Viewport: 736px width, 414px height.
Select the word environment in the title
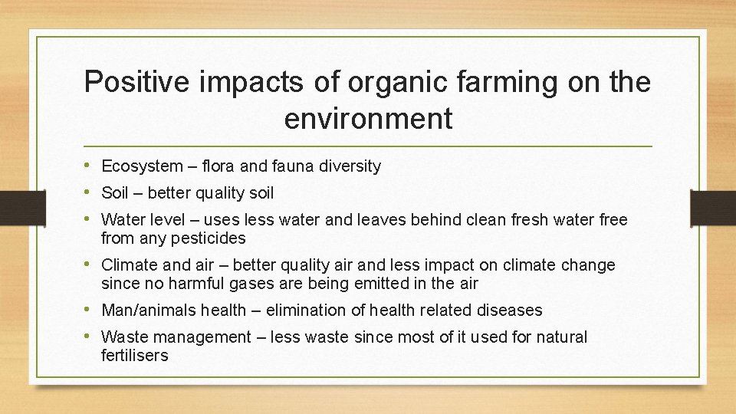pos(368,119)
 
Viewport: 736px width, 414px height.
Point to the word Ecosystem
pos(142,166)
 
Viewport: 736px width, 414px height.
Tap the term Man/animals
pos(148,310)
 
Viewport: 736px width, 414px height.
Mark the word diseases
pos(509,310)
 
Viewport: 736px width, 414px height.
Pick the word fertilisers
pos(134,356)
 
